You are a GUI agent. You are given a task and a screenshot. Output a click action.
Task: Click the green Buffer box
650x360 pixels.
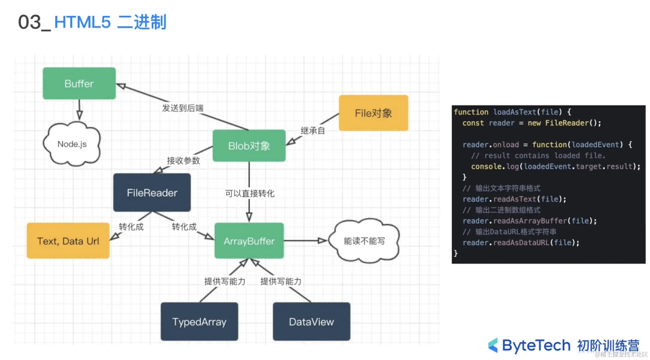[x=79, y=83]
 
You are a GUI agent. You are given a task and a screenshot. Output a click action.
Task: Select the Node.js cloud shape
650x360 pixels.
[x=72, y=144]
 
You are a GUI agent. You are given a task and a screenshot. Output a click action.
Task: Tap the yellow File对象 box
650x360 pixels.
[x=373, y=113]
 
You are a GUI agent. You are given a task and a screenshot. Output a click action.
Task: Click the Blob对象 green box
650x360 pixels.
[x=249, y=146]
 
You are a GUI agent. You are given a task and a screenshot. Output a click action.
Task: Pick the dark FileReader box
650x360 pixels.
[x=152, y=193]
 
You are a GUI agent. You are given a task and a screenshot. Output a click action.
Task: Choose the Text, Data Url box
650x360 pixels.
[x=68, y=241]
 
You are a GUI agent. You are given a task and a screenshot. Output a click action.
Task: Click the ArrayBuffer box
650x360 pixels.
[x=249, y=241]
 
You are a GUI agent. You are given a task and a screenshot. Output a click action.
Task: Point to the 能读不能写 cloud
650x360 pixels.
[x=364, y=241]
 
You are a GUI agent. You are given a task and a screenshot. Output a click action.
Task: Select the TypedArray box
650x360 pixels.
[x=199, y=322]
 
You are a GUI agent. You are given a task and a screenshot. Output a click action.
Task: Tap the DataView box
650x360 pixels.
[x=311, y=322]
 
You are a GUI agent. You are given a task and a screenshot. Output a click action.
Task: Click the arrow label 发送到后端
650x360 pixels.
[x=183, y=108]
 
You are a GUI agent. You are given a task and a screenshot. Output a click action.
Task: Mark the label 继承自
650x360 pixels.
[x=312, y=131]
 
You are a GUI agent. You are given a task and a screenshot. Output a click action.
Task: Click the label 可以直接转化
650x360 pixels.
[x=250, y=194]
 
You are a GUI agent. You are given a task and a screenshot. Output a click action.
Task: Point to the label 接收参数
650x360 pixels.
[x=183, y=161]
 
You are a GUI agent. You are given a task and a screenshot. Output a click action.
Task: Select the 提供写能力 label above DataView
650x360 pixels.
[x=281, y=282]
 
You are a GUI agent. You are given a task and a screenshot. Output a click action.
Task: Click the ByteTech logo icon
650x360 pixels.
[x=493, y=345]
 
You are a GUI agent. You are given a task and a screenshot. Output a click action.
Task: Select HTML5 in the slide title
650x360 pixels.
[x=82, y=22]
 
